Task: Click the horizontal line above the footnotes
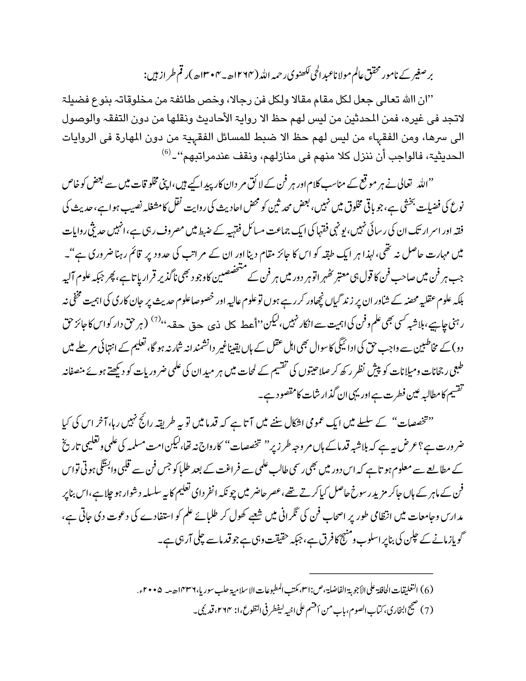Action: click(x=371, y=573)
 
